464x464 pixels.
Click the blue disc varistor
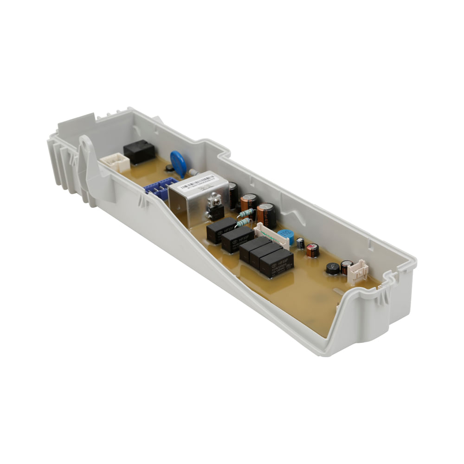pyautogui.click(x=178, y=162)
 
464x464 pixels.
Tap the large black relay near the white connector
pyautogui.click(x=139, y=152)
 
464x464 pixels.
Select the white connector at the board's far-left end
pyautogui.click(x=116, y=162)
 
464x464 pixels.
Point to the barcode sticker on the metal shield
pyautogui.click(x=197, y=182)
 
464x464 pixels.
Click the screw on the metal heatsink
pyautogui.click(x=215, y=201)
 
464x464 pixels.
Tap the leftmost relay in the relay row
pyautogui.click(x=220, y=230)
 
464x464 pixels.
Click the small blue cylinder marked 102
pyautogui.click(x=285, y=236)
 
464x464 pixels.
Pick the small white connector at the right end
pyautogui.click(x=358, y=272)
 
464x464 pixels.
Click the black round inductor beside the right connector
pyautogui.click(x=332, y=269)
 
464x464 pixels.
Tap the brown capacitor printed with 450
pyautogui.click(x=267, y=214)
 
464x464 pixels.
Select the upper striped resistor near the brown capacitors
pyautogui.click(x=246, y=213)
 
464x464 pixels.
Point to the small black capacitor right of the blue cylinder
pyautogui.click(x=301, y=243)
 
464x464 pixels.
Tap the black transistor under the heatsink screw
pyautogui.click(x=215, y=213)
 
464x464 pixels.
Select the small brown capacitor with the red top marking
pyautogui.click(x=313, y=250)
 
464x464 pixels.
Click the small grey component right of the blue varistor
pyautogui.click(x=194, y=173)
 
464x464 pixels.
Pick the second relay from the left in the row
pyautogui.click(x=237, y=239)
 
